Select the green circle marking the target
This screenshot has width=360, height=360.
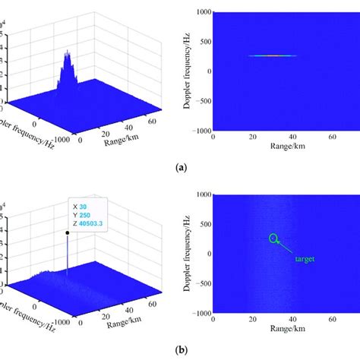coord(273,238)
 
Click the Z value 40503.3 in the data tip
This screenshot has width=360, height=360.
coord(90,223)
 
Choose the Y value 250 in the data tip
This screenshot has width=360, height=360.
coord(84,214)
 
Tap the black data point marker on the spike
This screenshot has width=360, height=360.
coord(67,233)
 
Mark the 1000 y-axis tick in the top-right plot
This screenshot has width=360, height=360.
coord(201,12)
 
